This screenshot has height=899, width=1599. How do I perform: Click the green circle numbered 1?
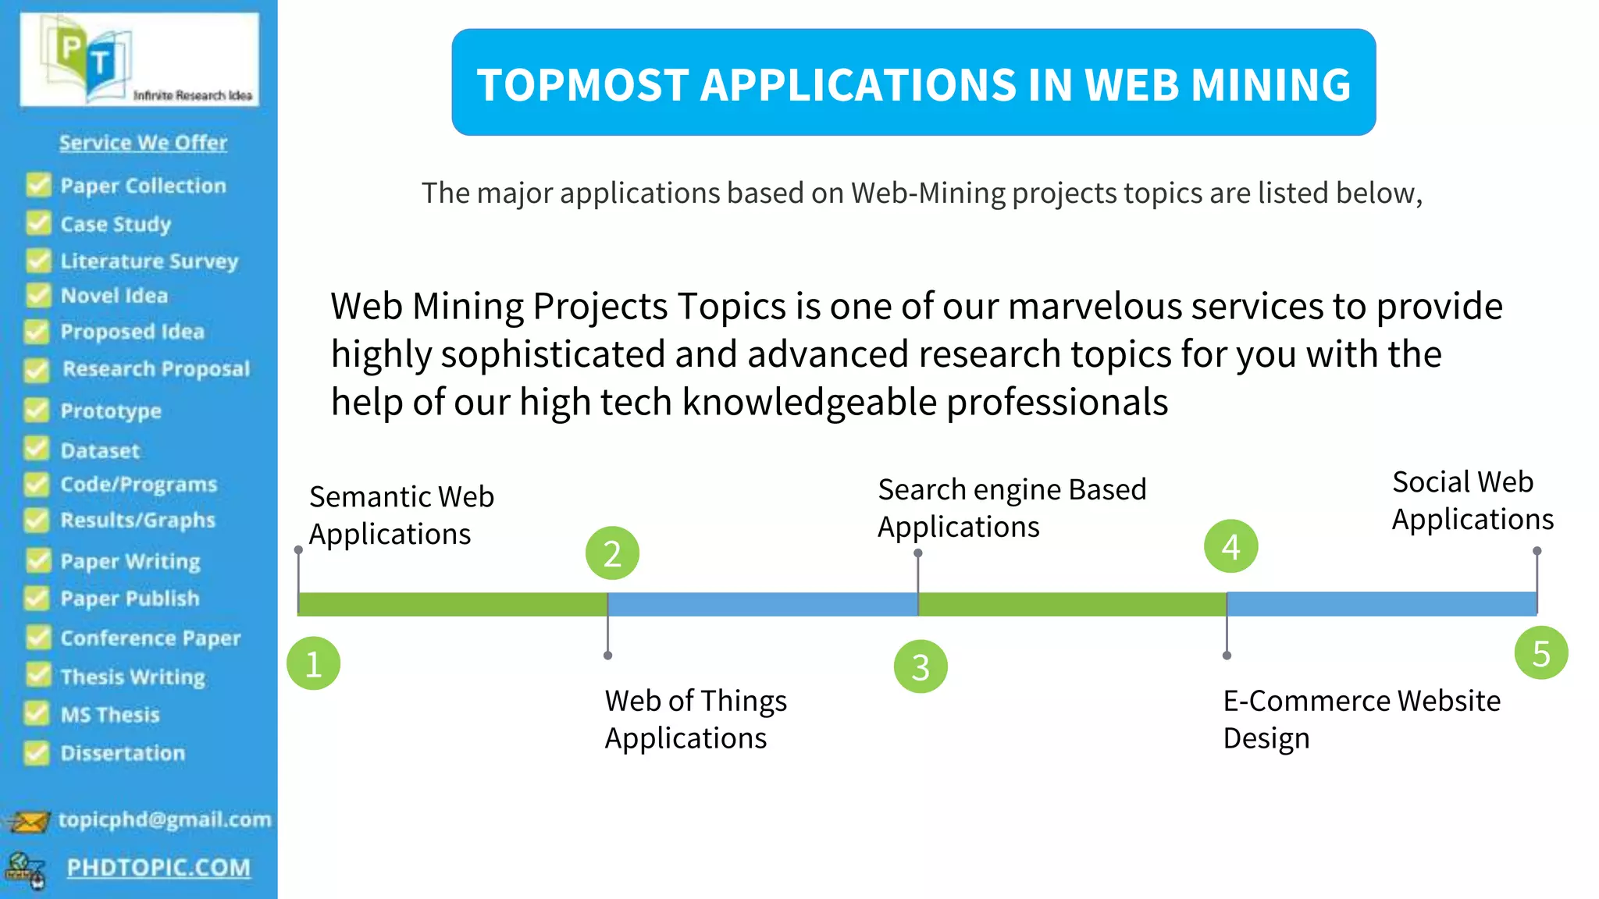(313, 663)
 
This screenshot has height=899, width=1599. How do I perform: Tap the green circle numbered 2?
(612, 553)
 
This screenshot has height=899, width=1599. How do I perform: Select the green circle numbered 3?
(921, 666)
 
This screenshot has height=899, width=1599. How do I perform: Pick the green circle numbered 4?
(1230, 546)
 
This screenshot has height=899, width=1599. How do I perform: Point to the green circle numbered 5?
(1540, 653)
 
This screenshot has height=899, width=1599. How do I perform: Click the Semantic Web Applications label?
(401, 515)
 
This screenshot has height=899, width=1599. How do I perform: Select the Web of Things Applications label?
(696, 719)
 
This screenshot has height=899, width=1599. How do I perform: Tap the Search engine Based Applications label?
(1012, 508)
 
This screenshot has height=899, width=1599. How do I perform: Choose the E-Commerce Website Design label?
(1361, 719)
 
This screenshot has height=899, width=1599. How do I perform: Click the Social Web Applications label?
(1473, 500)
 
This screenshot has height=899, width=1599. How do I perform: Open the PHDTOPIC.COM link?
(158, 867)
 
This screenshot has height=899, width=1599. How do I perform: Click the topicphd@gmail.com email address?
(165, 819)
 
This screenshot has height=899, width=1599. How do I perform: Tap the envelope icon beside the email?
(29, 822)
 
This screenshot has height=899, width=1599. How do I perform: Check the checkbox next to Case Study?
(37, 223)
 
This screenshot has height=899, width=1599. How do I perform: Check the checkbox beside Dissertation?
(36, 752)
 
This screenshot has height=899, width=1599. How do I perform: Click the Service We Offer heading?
(143, 143)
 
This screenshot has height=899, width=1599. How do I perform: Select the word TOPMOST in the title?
(582, 84)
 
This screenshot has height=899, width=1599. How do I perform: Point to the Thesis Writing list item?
(133, 677)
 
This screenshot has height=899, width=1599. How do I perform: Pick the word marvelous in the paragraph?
(1095, 306)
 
